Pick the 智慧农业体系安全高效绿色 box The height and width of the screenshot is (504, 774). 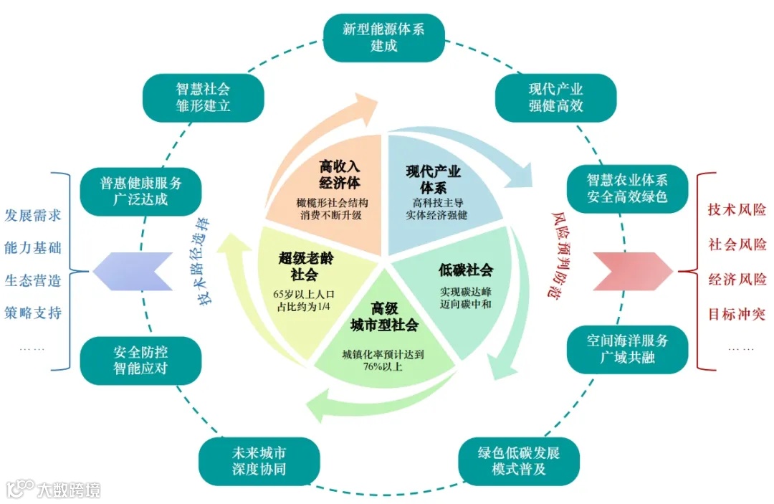pyautogui.click(x=627, y=188)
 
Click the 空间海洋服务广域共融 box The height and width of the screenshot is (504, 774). pyautogui.click(x=627, y=349)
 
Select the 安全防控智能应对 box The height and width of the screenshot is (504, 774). pyautogui.click(x=140, y=361)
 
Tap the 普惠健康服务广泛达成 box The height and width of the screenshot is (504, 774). pyautogui.click(x=140, y=191)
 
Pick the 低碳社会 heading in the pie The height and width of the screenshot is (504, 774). pyautogui.click(x=465, y=270)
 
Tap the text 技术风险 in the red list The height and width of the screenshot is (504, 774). pyautogui.click(x=737, y=210)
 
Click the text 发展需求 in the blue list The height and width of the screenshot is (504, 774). pyautogui.click(x=33, y=215)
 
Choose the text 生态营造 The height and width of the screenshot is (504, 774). pyautogui.click(x=33, y=280)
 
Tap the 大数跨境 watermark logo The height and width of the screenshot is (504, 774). pyautogui.click(x=53, y=490)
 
